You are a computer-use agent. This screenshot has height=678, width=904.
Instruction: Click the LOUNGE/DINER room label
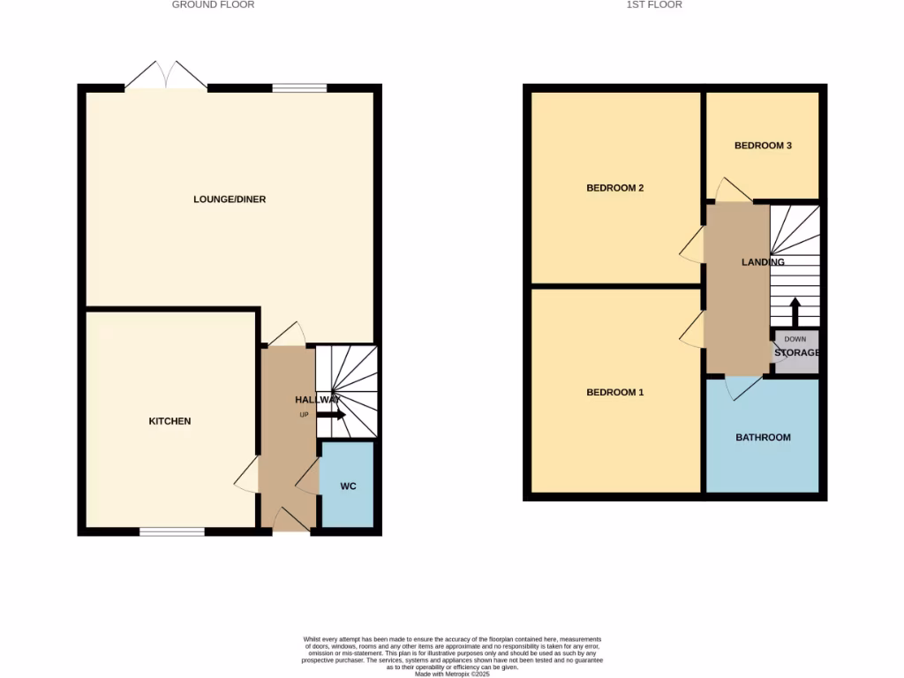coord(230,200)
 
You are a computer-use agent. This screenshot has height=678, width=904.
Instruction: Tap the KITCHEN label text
coord(169,421)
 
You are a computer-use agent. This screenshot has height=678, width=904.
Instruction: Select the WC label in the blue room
coord(348,486)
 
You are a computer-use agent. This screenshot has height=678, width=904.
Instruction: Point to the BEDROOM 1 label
coord(615,392)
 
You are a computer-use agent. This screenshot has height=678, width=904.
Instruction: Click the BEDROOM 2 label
coord(615,188)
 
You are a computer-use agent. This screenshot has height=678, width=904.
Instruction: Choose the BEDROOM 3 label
coord(763,146)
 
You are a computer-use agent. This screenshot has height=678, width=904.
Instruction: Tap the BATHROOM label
coord(764,437)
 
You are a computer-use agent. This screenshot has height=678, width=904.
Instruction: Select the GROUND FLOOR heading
coord(213,5)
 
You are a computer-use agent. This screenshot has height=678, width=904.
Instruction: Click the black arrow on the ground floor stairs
coord(331,415)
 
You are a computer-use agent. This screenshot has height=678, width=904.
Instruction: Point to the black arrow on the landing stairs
coord(795,312)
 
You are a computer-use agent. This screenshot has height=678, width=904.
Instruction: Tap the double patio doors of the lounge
coord(166,77)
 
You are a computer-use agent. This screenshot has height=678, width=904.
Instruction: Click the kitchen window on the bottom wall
coord(172,531)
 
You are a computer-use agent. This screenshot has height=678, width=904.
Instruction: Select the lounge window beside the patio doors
coord(299,87)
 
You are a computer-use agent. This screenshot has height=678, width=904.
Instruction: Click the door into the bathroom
coord(742,387)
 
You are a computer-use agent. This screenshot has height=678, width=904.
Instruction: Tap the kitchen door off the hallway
coord(247,477)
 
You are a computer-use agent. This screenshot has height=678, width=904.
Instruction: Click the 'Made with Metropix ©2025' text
coord(452,674)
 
